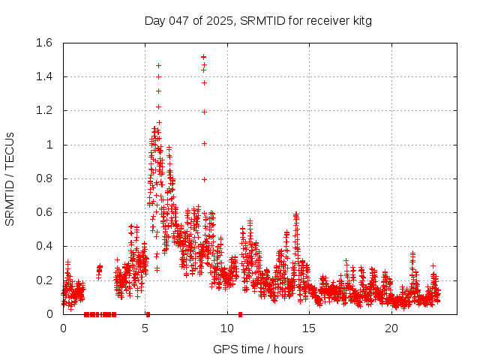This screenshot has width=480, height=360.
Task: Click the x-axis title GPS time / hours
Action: tap(258, 349)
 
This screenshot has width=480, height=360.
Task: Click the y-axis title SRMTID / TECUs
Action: tap(10, 178)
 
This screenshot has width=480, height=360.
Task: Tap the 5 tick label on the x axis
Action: tap(145, 328)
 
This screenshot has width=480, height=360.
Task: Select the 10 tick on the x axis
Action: tap(227, 328)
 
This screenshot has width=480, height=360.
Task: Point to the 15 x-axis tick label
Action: tap(310, 328)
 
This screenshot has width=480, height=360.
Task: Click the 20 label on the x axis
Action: tap(391, 328)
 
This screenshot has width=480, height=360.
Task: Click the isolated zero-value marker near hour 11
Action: tap(240, 314)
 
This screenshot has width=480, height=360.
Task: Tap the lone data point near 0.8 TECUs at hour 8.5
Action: tap(204, 179)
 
